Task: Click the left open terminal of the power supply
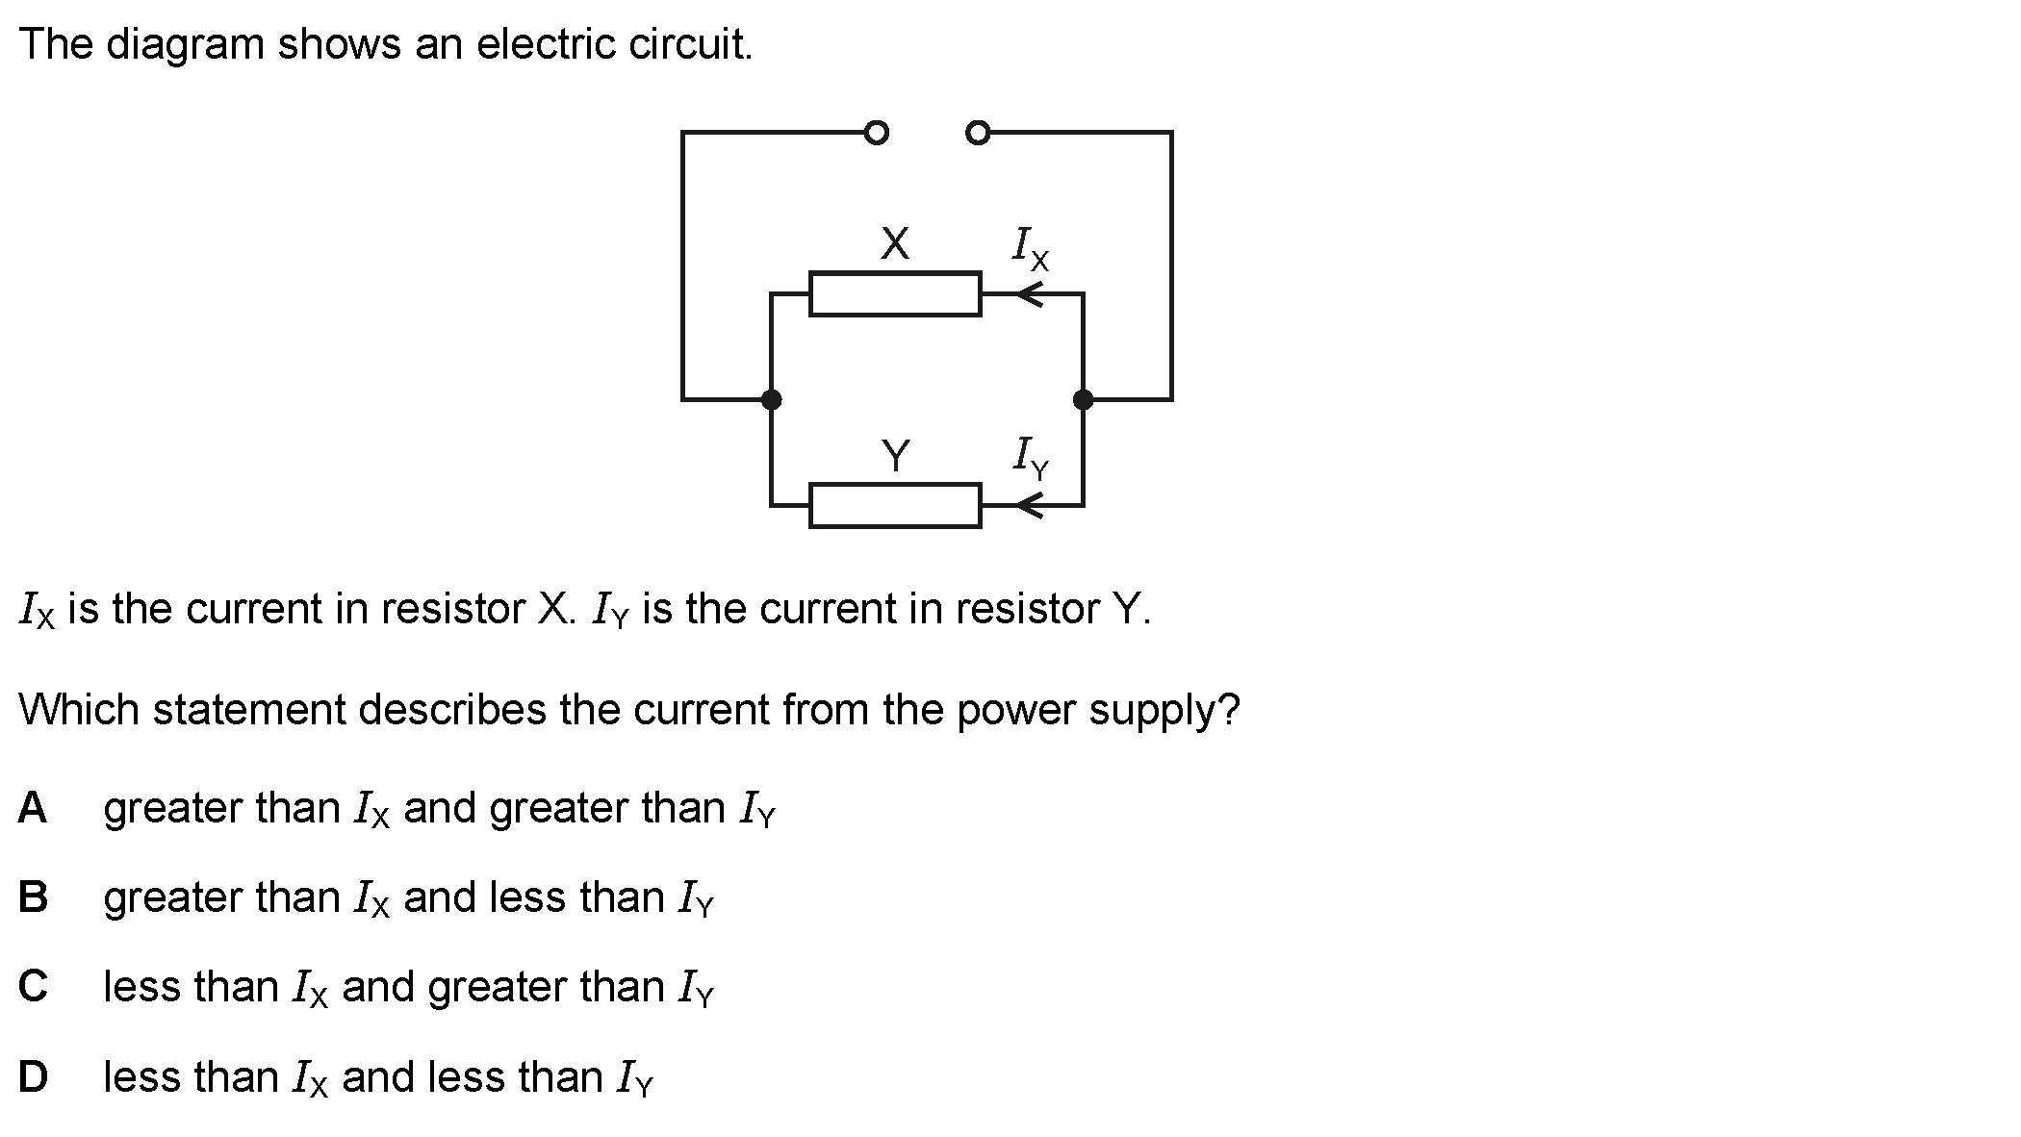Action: (876, 132)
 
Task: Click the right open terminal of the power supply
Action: (977, 132)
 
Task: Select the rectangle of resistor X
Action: (895, 294)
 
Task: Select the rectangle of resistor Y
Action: (895, 506)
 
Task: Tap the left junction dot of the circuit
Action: (771, 399)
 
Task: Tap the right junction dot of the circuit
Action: (1083, 399)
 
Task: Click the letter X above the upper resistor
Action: (895, 243)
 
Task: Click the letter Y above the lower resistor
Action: (895, 455)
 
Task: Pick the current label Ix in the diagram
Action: (1030, 247)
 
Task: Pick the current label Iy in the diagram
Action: (1030, 457)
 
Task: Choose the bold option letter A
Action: (32, 808)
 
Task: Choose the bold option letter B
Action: (33, 897)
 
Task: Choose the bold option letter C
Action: (33, 987)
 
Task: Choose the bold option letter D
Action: (33, 1076)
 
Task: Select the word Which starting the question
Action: (79, 710)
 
